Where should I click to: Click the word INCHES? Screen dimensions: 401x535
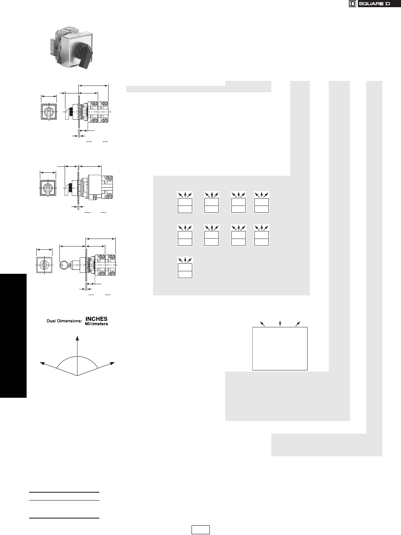point(96,319)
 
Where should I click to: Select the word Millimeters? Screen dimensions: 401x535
point(96,324)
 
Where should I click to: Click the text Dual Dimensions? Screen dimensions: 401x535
point(64,321)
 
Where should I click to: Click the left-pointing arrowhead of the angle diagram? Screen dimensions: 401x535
point(42,363)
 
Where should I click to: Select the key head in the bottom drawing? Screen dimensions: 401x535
point(64,265)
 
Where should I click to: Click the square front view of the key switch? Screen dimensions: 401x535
point(44,265)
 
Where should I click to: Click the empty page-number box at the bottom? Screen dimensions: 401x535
point(200,530)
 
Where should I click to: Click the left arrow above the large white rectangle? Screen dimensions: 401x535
point(263,324)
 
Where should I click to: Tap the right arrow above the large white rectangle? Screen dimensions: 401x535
point(298,324)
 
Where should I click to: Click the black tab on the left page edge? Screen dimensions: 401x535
point(13,336)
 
